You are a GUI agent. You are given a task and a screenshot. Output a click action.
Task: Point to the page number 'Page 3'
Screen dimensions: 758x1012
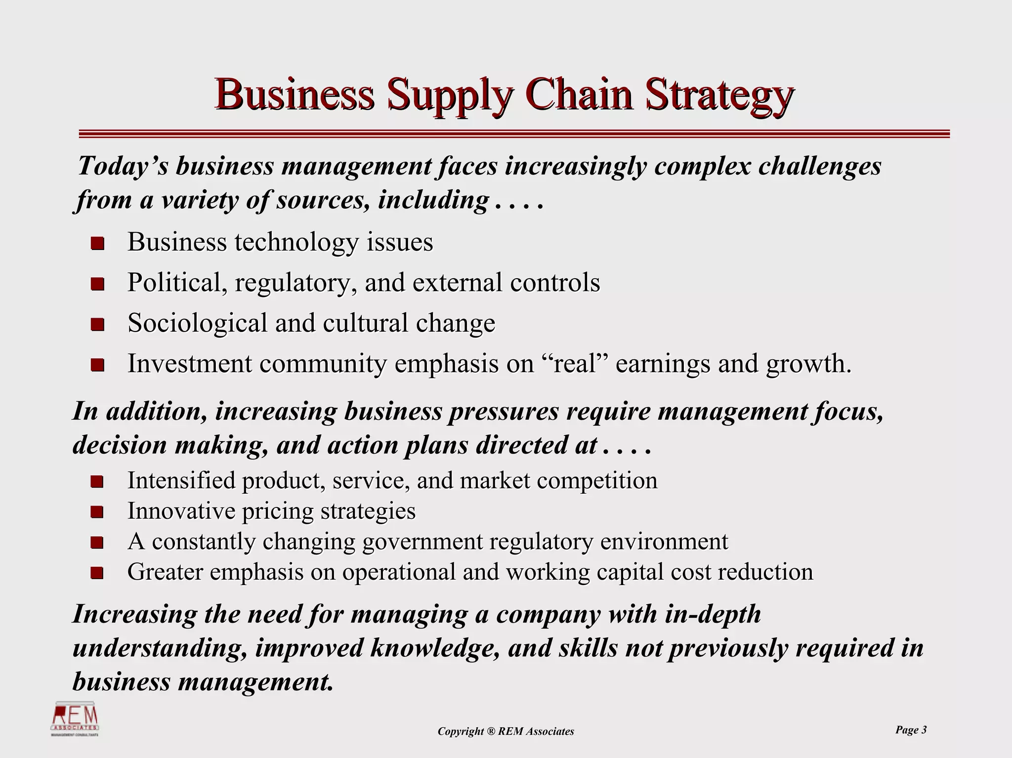[911, 730]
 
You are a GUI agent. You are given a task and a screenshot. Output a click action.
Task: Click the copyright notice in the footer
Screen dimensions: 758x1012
[506, 731]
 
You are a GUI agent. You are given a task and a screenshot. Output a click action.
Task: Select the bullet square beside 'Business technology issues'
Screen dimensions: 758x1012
[97, 244]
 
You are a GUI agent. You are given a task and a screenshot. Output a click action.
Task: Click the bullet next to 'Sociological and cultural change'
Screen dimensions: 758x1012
[97, 325]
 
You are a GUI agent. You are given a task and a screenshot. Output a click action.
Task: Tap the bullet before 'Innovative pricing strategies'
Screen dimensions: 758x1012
[97, 512]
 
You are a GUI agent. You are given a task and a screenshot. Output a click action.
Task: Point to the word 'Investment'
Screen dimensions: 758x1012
[190, 364]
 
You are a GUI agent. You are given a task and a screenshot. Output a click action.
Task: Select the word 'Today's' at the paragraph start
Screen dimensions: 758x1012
[123, 166]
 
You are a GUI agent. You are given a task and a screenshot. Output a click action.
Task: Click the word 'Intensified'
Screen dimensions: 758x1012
[181, 480]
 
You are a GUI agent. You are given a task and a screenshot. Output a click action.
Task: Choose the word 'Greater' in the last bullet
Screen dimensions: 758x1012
[165, 572]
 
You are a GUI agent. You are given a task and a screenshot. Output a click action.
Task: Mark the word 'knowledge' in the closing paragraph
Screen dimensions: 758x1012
[434, 648]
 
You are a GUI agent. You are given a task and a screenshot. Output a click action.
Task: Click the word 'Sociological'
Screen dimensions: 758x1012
[197, 323]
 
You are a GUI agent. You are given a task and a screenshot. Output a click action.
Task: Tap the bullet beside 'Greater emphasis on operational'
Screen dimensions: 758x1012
[97, 573]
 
